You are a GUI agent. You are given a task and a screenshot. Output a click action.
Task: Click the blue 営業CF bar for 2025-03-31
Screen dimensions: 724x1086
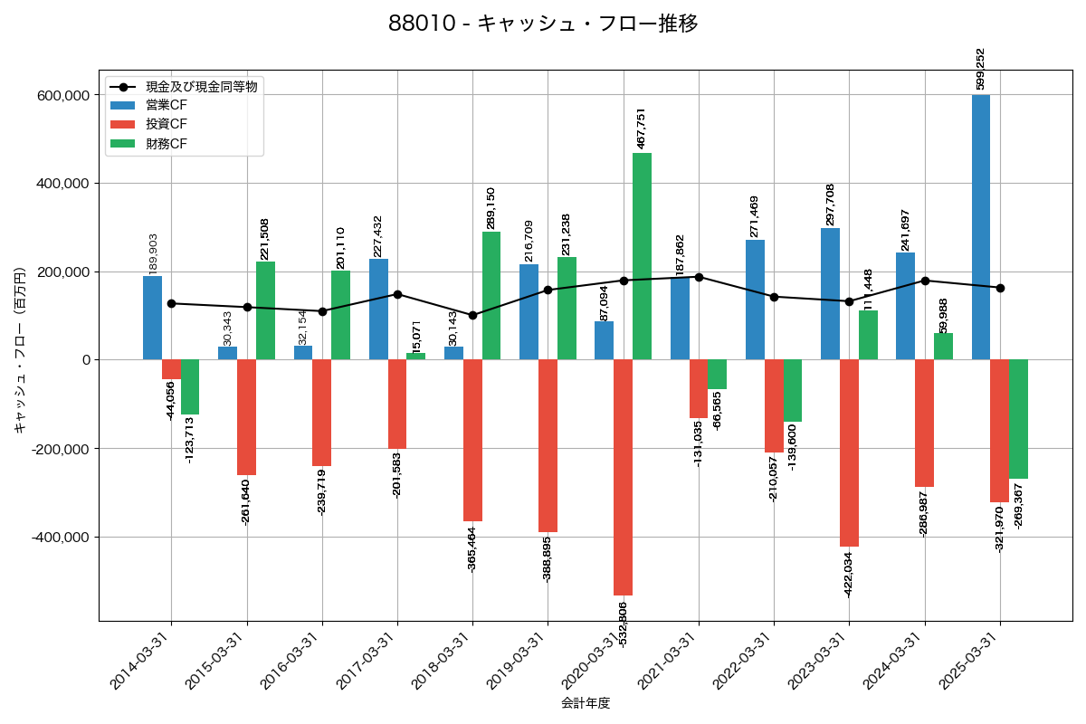(981, 227)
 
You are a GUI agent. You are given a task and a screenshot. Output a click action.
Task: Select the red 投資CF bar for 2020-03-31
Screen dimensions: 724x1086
(623, 477)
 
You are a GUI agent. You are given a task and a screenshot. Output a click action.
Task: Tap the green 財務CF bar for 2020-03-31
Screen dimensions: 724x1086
(642, 256)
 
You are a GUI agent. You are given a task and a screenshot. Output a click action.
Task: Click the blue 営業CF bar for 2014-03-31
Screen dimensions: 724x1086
(152, 318)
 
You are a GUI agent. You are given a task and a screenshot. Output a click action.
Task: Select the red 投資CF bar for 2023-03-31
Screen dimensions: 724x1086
(849, 452)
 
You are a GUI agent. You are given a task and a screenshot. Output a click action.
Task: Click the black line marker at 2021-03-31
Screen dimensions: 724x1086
(699, 277)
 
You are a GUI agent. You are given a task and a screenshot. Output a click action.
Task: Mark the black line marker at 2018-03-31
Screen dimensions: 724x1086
(472, 315)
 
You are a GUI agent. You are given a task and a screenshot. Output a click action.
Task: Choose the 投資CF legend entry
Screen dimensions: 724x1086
(167, 124)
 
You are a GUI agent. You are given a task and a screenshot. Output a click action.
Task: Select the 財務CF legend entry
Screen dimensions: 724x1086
(167, 143)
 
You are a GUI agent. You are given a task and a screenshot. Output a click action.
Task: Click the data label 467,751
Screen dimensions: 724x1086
(642, 129)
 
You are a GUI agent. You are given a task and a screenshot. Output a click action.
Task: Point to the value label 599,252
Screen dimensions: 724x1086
(980, 69)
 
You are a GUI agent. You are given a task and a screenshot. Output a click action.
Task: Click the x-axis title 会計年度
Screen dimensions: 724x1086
(586, 703)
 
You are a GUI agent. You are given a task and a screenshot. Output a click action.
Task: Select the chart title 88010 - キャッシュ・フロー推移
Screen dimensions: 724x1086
(543, 24)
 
